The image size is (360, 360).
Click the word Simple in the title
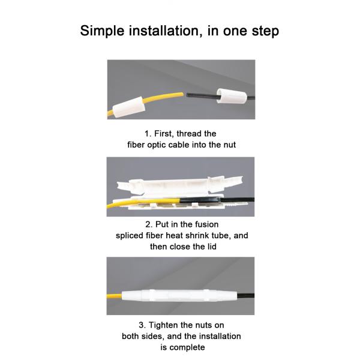(102, 31)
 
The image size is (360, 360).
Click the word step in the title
(265, 31)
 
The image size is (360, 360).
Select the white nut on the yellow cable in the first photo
(129, 107)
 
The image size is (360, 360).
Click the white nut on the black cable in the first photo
(232, 96)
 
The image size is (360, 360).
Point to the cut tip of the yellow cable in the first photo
(183, 94)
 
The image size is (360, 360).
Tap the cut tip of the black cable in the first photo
(187, 95)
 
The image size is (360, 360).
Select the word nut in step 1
(230, 145)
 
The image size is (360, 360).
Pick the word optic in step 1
(157, 145)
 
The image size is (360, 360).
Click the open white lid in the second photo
(179, 185)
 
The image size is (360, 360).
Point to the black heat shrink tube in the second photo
(200, 200)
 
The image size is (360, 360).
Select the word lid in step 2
(211, 247)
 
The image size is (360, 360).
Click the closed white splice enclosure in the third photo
(179, 295)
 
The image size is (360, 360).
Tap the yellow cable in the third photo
(114, 296)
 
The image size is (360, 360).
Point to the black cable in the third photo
(245, 295)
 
